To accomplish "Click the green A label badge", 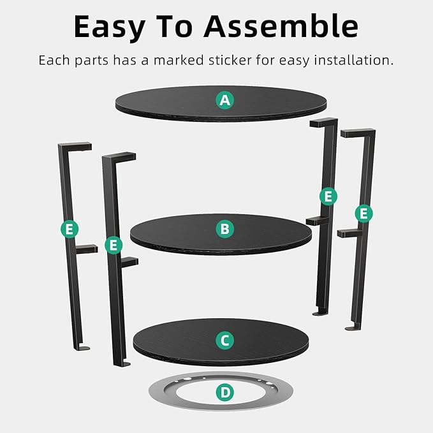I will pos(224,99).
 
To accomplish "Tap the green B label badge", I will pos(224,228).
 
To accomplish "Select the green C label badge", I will pos(224,341).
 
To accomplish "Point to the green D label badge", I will pos(224,392).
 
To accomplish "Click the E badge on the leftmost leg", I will pos(70,228).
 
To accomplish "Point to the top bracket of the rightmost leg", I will pos(358,133).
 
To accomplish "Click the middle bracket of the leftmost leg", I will pos(86,249).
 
